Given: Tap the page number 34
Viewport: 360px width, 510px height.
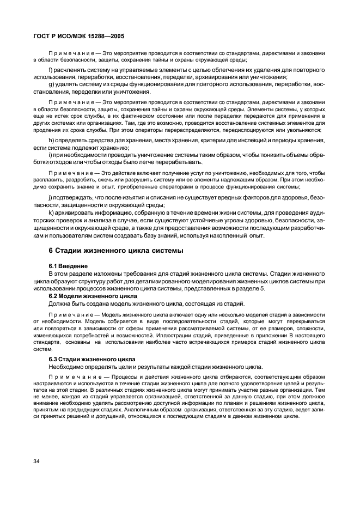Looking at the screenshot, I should [37, 462].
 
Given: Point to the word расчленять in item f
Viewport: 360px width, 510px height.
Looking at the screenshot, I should [70, 71].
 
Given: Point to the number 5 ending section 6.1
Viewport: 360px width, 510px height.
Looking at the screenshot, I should [264, 288].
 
